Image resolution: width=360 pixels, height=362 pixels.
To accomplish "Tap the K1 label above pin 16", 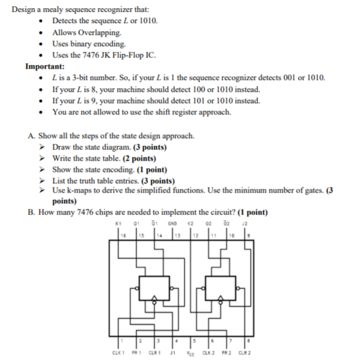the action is (x=119, y=220).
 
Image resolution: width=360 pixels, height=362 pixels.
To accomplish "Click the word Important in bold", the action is (x=44, y=66).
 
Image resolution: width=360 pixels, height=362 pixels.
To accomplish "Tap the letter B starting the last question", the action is (x=31, y=212).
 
